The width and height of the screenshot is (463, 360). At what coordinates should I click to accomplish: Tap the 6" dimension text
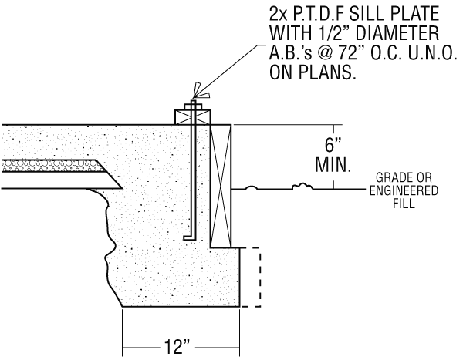coord(334,144)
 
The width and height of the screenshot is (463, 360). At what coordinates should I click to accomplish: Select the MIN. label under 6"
coord(334,165)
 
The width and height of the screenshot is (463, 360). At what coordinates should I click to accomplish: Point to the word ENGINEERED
coord(404,192)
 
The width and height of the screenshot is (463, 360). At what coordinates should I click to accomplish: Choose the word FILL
coord(404,205)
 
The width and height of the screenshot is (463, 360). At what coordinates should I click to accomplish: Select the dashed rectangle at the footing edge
coord(251,277)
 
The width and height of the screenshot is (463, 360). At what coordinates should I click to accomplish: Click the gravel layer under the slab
coord(46,165)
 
